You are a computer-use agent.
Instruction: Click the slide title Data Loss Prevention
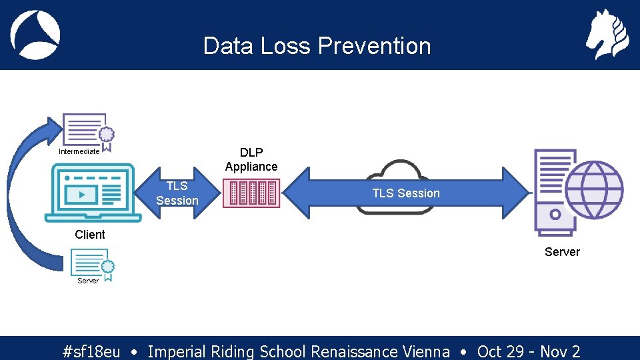[317, 46]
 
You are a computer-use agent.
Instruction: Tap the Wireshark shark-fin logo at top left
[35, 35]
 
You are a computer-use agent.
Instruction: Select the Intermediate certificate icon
[87, 131]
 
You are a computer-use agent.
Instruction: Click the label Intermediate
[79, 151]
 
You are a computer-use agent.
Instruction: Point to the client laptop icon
[93, 194]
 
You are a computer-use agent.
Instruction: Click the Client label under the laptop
[90, 235]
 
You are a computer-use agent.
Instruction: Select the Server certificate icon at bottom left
[92, 264]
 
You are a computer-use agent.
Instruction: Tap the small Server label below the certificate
[87, 281]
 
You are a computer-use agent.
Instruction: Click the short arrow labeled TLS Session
[177, 193]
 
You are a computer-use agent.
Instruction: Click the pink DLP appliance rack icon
[251, 193]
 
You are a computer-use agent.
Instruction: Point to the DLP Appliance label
[251, 159]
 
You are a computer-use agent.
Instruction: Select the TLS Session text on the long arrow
[406, 193]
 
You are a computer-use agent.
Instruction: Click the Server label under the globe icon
[562, 252]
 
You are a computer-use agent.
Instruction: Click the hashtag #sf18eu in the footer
[91, 351]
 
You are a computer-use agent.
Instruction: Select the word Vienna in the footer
[426, 351]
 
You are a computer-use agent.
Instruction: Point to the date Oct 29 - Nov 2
[529, 351]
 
